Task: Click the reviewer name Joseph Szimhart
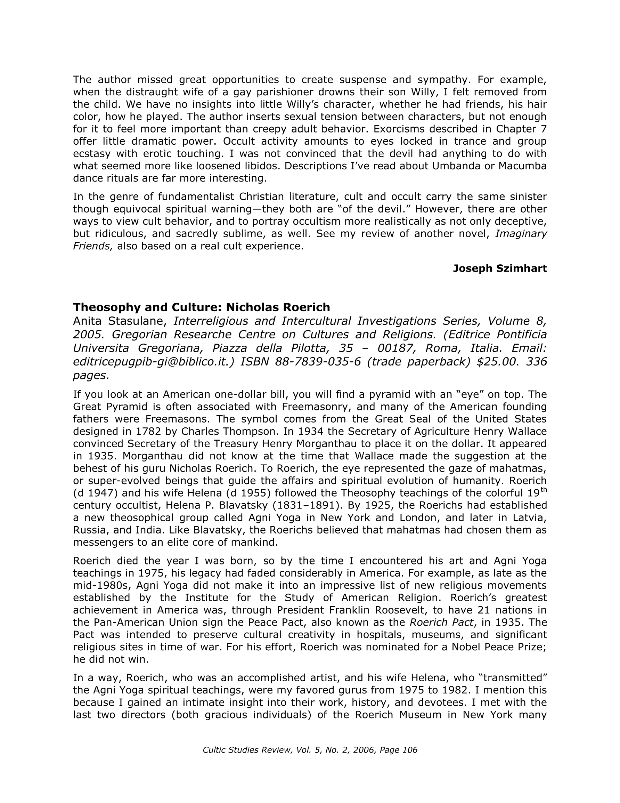coord(499,268)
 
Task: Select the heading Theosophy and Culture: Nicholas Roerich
coord(202,307)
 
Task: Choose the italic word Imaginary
coord(521,233)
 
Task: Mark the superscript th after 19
coord(543,489)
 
